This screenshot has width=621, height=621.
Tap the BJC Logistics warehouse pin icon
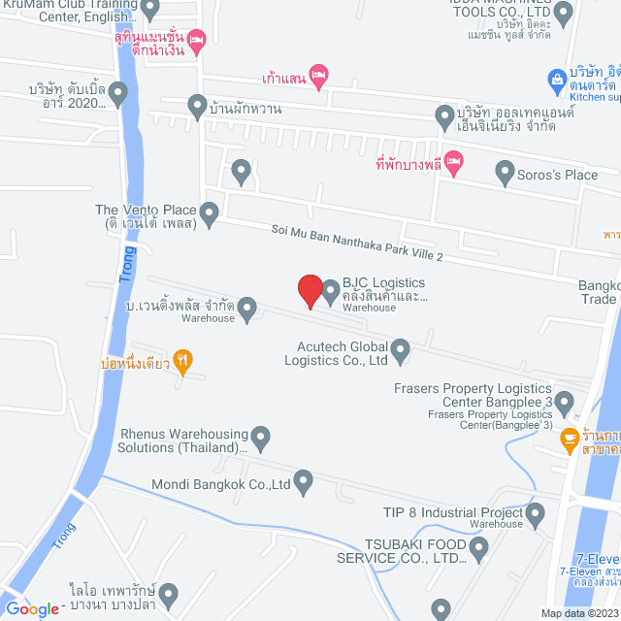tap(330, 290)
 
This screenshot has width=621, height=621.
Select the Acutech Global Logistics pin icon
tap(400, 347)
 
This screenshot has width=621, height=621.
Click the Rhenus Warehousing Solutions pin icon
tap(260, 438)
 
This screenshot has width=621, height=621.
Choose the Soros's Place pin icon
tap(505, 174)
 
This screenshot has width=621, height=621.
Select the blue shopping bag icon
tap(557, 78)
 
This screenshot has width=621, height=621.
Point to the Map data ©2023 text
tap(579, 613)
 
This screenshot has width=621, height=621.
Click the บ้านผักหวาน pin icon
tap(197, 105)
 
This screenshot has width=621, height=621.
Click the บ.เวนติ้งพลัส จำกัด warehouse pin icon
tap(247, 309)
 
